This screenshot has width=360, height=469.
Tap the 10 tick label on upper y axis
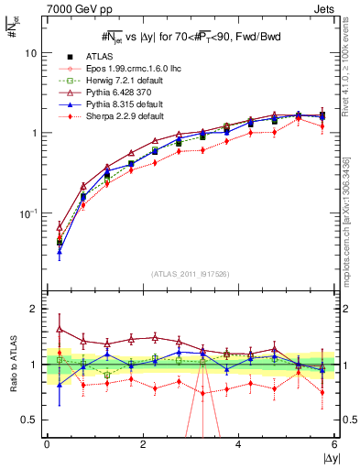pyautogui.click(x=31, y=53)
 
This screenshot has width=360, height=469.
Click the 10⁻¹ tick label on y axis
pyautogui.click(x=29, y=213)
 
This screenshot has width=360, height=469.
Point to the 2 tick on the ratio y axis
pyautogui.click(x=34, y=309)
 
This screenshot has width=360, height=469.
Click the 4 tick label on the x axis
pyautogui.click(x=238, y=444)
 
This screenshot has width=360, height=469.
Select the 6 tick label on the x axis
pyautogui.click(x=334, y=444)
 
